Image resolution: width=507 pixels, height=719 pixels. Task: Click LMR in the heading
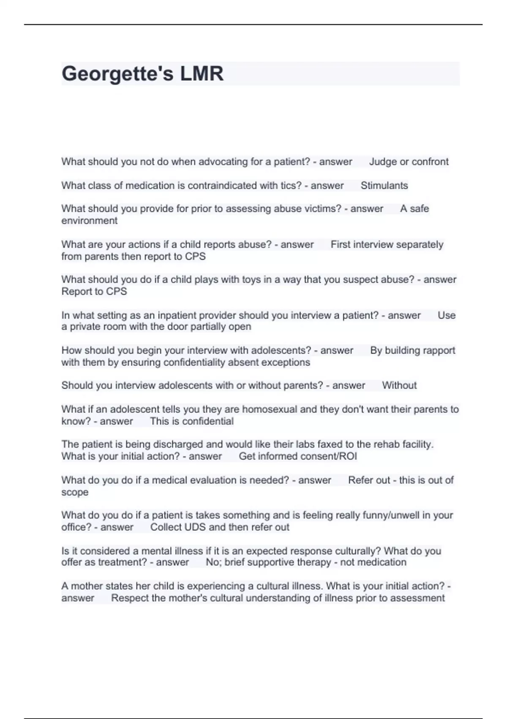point(202,74)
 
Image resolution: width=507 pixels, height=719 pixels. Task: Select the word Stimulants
point(384,185)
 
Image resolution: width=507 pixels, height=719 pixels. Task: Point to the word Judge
point(383,162)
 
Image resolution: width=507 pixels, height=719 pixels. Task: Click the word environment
point(89,220)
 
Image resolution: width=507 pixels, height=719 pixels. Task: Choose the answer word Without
point(399,385)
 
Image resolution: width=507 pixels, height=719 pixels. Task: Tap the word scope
point(75,492)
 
